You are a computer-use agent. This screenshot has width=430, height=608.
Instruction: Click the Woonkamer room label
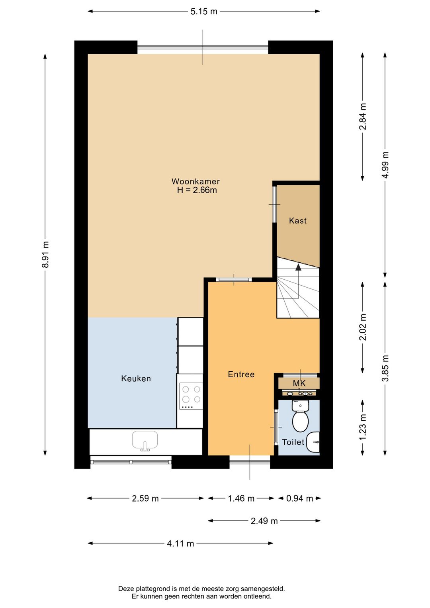click(x=195, y=181)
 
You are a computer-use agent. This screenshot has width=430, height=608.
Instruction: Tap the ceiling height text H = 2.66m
click(x=197, y=190)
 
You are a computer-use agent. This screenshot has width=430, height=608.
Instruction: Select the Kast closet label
click(x=297, y=220)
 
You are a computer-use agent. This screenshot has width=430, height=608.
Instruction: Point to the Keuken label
click(x=136, y=379)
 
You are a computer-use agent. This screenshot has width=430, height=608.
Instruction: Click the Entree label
click(x=241, y=374)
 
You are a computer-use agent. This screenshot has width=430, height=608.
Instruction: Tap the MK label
click(x=299, y=383)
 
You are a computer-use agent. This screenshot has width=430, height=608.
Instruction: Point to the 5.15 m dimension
click(x=204, y=12)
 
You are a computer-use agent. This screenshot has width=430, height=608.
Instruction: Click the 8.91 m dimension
click(x=45, y=254)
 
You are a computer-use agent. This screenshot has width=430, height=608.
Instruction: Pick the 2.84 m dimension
click(x=362, y=117)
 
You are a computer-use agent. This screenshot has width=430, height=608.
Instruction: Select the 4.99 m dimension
click(x=385, y=165)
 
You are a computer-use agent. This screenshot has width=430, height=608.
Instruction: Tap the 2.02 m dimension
click(x=362, y=327)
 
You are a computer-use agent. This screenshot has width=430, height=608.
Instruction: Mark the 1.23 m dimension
click(x=362, y=427)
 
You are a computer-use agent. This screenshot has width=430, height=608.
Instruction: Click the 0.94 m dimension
click(x=299, y=498)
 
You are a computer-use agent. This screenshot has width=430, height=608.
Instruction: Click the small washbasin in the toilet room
click(x=313, y=442)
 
